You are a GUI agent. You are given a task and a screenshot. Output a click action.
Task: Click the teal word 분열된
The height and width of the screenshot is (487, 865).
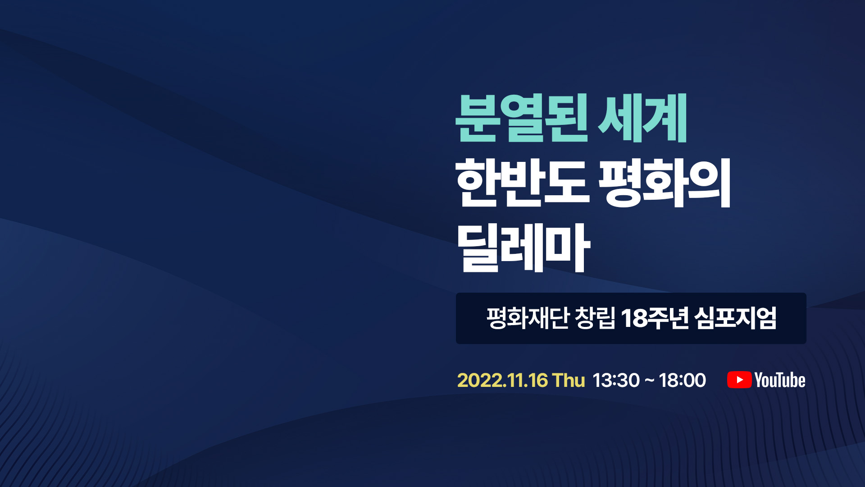pos(522,118)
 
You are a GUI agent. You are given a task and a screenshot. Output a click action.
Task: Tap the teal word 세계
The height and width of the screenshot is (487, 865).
pos(642,118)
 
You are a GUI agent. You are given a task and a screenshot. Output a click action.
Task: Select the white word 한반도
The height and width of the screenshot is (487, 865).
pos(522,183)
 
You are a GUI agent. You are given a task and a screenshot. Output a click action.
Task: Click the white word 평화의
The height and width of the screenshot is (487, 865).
pos(665,183)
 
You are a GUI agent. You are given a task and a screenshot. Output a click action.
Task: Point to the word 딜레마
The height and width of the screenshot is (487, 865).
pos(523,248)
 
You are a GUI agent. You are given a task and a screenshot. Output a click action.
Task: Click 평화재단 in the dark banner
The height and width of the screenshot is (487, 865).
pos(528,318)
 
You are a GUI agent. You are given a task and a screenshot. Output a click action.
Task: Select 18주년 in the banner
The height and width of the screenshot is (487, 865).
pos(655,318)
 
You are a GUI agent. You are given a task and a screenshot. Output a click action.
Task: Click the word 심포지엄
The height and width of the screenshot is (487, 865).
pos(735,318)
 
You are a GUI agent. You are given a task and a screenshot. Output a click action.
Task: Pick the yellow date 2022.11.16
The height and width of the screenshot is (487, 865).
pos(502,381)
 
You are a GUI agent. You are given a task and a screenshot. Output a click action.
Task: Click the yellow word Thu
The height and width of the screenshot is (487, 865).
pos(569,381)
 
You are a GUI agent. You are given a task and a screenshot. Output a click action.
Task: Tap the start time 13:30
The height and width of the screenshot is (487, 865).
pos(616,381)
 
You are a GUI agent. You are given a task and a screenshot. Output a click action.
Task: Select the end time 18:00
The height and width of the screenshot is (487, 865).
pos(682,381)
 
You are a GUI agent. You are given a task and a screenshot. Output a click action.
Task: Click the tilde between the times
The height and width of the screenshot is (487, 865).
pos(649,381)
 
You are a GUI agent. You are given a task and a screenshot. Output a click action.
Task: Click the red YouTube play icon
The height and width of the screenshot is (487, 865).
pos(739,380)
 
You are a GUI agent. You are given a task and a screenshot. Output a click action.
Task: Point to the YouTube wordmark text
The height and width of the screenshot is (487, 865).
pos(780,380)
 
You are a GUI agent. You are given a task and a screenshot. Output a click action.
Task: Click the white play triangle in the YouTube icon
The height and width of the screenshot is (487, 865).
pos(740,380)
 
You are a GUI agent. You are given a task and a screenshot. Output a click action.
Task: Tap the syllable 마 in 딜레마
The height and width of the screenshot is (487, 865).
pos(567,248)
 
